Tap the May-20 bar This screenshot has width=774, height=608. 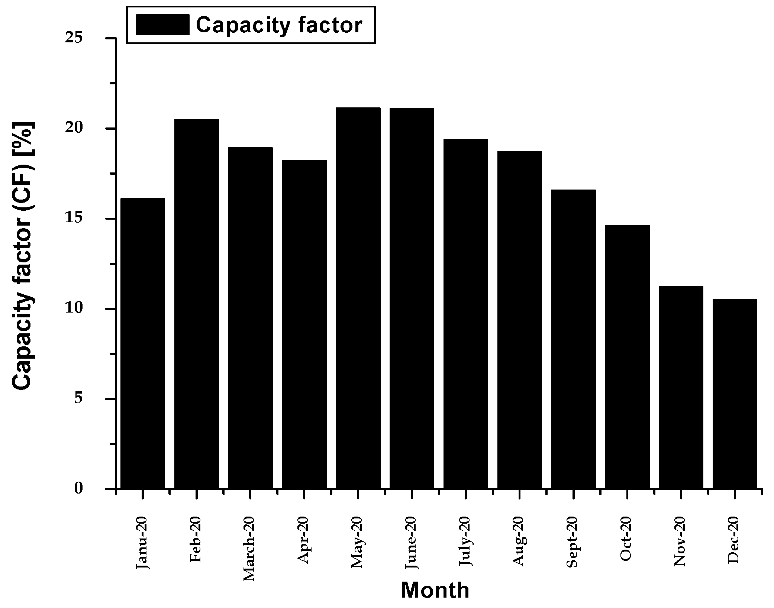[358, 298]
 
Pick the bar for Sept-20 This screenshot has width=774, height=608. [573, 339]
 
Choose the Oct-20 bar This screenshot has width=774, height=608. [627, 356]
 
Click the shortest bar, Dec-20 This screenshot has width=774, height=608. [735, 394]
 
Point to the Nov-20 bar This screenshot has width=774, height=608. [681, 387]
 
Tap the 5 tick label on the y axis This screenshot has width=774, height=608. [78, 399]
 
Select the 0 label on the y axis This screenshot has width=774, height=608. [78, 488]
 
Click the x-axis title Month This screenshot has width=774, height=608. [435, 590]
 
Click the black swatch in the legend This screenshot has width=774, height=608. [162, 25]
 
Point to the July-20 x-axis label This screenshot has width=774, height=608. [465, 541]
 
